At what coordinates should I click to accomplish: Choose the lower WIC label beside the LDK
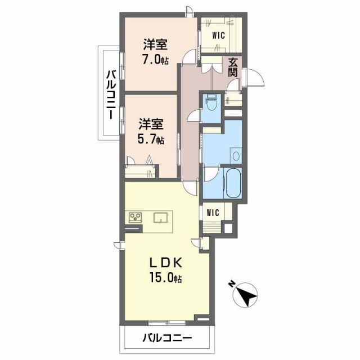(213, 213)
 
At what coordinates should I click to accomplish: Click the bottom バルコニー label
(166, 338)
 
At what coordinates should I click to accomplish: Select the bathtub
(232, 182)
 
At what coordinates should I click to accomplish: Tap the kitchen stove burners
(136, 217)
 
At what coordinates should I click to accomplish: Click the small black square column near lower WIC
(228, 229)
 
